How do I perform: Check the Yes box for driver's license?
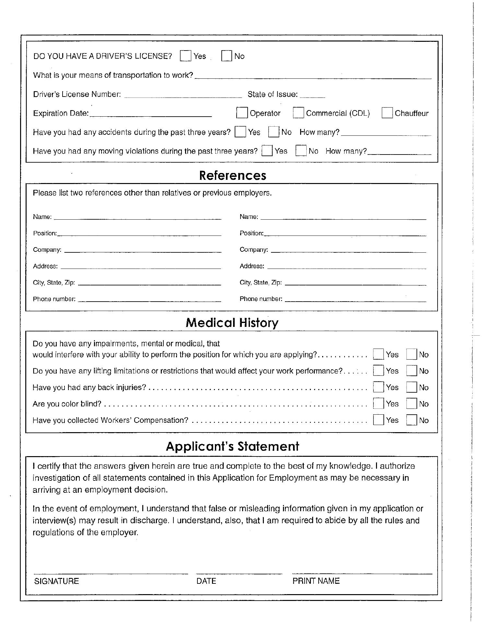click(185, 56)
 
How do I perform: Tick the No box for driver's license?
click(227, 56)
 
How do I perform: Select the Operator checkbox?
click(242, 113)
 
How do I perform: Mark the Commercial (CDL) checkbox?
click(298, 113)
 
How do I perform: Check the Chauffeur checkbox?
click(387, 113)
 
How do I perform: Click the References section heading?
click(232, 175)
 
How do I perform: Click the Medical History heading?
click(232, 323)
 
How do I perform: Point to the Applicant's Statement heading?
click(232, 446)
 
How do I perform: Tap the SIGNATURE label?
click(56, 581)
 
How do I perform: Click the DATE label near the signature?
click(206, 581)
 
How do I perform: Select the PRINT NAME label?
click(316, 581)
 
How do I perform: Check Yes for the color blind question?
click(378, 403)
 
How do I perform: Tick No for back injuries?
click(412, 387)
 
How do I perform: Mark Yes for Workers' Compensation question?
click(378, 420)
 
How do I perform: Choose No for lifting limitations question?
click(412, 370)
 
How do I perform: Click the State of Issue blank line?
click(312, 96)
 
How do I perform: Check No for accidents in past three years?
click(274, 132)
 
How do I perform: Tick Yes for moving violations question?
click(267, 151)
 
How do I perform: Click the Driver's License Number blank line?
click(183, 96)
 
